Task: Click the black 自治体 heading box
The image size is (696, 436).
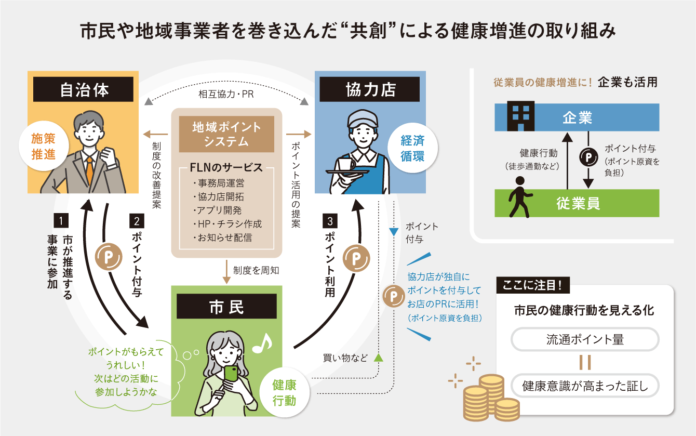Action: (x=84, y=90)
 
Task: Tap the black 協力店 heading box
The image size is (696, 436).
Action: (x=370, y=89)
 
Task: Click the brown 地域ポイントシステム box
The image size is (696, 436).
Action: (x=226, y=134)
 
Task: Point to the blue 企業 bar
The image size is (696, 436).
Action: (x=577, y=117)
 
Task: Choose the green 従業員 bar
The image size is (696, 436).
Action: (x=577, y=203)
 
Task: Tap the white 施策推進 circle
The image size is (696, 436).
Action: (x=43, y=147)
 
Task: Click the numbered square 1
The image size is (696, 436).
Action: (x=61, y=220)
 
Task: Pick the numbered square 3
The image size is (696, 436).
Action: (x=330, y=220)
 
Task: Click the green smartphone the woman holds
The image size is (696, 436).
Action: (x=231, y=374)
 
